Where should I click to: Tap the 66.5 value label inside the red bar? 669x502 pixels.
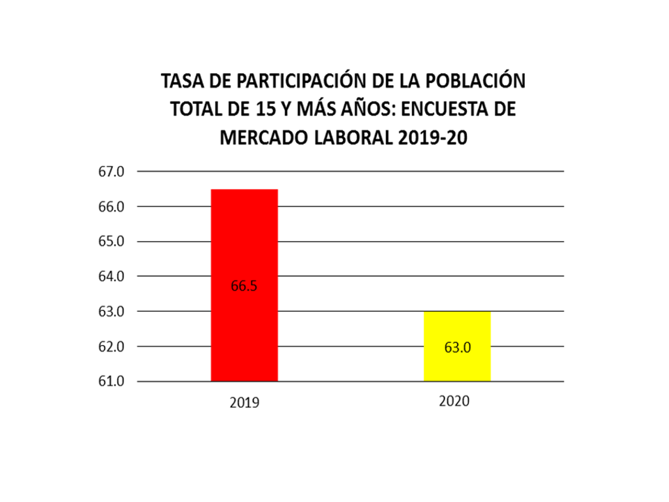point(244,285)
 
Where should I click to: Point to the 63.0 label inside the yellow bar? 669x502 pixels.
point(457,347)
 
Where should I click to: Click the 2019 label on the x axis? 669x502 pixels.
point(244,403)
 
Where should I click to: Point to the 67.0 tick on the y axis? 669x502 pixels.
point(111,172)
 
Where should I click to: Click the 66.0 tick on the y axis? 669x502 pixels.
point(111,207)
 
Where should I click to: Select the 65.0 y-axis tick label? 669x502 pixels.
point(111,242)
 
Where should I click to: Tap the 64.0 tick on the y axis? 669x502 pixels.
point(111,277)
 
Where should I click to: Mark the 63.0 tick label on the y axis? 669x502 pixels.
point(111,312)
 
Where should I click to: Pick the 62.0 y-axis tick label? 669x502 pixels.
point(111,347)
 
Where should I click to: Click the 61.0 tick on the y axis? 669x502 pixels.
point(111,381)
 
